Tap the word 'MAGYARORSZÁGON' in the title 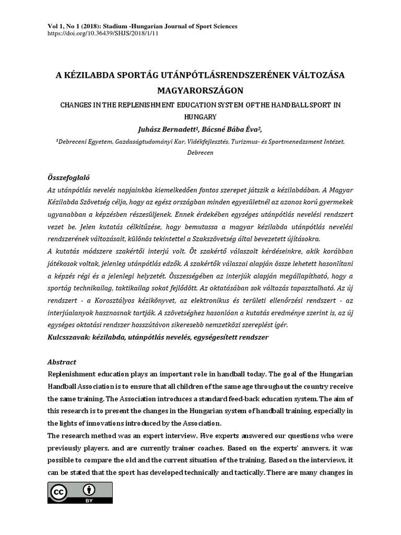(200, 90)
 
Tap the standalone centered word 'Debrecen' (200, 153)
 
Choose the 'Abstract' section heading (62, 362)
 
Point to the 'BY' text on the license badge (90, 501)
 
